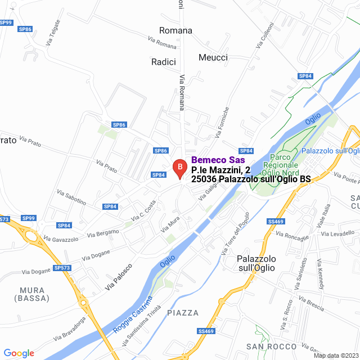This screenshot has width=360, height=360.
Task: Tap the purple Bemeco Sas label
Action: [218, 160]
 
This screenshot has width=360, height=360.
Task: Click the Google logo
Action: [19, 353]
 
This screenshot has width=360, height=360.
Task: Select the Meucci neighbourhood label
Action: [213, 57]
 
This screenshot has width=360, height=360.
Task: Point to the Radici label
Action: [164, 62]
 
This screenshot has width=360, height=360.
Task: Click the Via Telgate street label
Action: [54, 38]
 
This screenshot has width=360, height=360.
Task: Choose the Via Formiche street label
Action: [222, 123]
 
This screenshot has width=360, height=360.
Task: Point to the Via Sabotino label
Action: [71, 197]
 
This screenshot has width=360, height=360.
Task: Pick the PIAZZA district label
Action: [183, 313]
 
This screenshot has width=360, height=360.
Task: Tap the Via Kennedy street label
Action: [321, 275]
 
